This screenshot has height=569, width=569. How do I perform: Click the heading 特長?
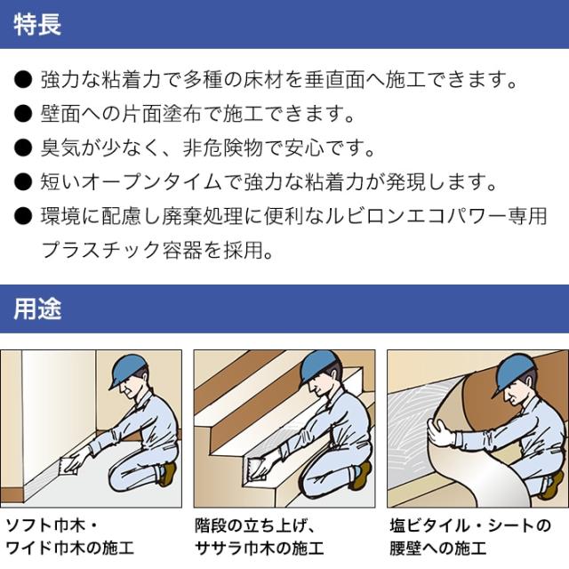(x=37, y=25)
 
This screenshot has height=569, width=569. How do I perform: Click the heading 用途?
(x=37, y=309)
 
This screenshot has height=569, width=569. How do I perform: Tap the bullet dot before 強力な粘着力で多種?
(x=23, y=80)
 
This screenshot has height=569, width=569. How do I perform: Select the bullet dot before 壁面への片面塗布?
(x=23, y=114)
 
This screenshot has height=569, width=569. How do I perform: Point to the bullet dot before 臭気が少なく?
(x=23, y=148)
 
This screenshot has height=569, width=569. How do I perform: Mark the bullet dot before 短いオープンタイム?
(x=23, y=181)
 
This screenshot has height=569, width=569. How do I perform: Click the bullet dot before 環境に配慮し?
(x=23, y=216)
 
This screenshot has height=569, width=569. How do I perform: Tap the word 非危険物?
(x=223, y=148)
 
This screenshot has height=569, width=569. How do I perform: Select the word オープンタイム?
(x=152, y=181)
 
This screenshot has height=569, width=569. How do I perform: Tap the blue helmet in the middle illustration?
(x=321, y=367)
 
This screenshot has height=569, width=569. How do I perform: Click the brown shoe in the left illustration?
(x=167, y=474)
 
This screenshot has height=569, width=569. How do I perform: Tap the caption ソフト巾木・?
(x=52, y=525)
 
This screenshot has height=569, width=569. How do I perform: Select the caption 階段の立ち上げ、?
(x=256, y=525)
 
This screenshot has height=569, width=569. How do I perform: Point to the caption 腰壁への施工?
(x=438, y=549)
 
